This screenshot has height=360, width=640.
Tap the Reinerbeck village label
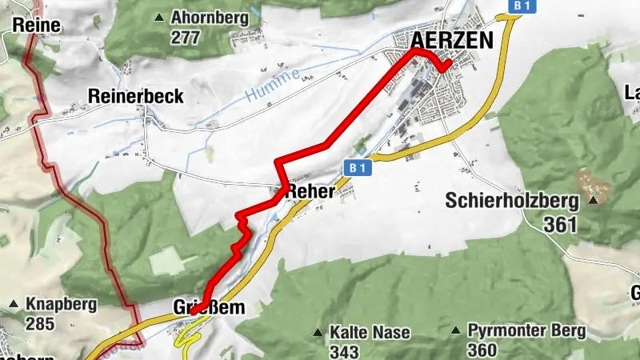click(135, 97)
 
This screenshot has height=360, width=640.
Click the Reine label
click(37, 26)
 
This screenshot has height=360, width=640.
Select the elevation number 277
click(186, 36)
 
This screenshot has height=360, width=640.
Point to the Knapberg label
click(62, 305)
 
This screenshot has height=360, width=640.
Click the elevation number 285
click(40, 324)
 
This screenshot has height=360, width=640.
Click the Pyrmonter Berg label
click(526, 330)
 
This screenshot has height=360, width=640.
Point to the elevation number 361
click(559, 225)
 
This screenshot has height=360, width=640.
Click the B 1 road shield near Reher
click(358, 168)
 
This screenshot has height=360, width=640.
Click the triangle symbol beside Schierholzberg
click(594, 200)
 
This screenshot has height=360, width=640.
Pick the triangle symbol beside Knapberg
click(14, 305)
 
